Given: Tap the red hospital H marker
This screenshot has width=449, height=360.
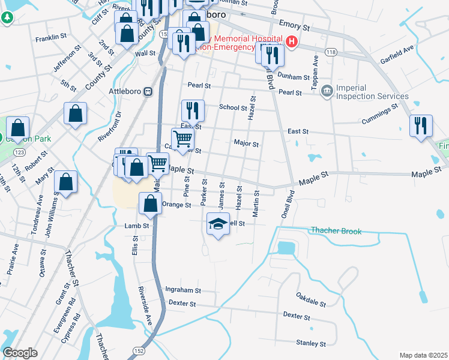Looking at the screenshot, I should click(292, 41).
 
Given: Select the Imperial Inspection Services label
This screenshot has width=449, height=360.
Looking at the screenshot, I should click(372, 92).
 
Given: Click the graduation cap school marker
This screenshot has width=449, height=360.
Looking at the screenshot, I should click(218, 225).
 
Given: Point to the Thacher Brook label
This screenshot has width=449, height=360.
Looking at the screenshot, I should click(336, 230).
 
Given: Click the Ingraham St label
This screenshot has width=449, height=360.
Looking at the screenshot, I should click(182, 290).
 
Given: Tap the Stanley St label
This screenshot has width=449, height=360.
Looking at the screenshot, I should click(311, 344).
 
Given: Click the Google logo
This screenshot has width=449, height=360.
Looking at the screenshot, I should click(20, 353).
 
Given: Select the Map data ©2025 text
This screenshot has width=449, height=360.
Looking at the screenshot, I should click(423, 355).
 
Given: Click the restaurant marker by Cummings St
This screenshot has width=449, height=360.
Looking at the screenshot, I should click(421, 125).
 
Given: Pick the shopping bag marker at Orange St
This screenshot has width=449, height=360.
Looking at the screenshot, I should click(149, 204).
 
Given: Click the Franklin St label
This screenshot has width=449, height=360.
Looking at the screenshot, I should click(50, 37).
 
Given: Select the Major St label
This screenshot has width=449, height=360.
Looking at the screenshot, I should click(246, 144).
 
